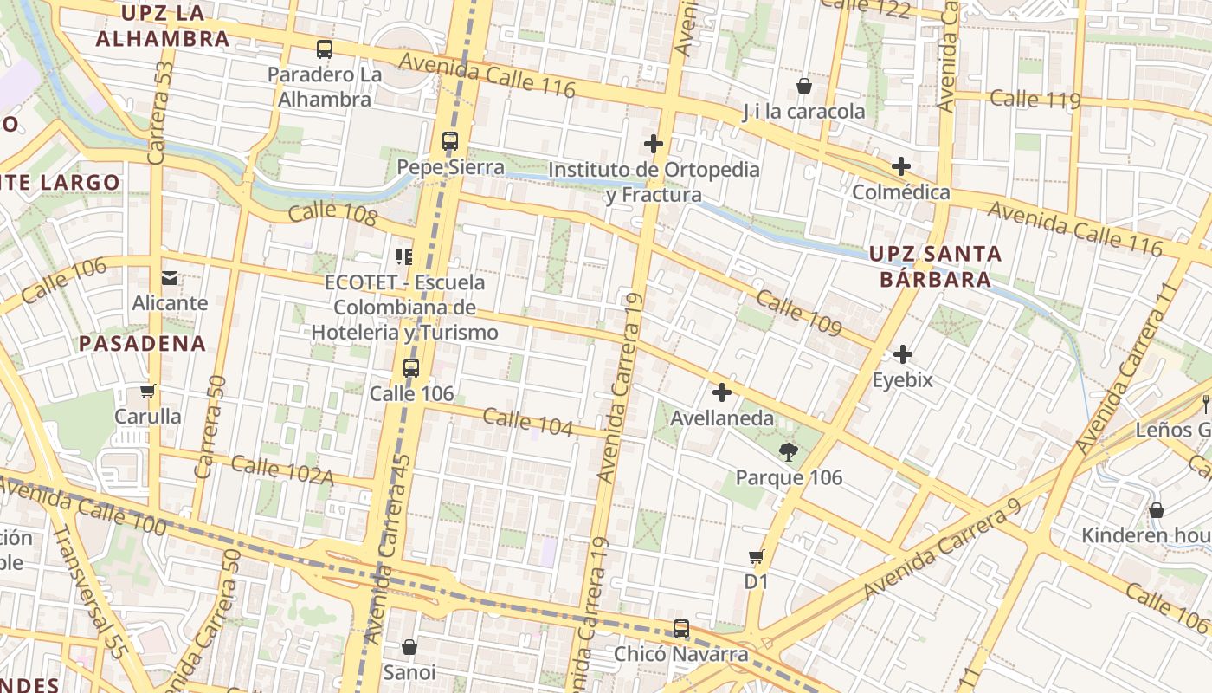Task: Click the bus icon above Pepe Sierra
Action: [x=449, y=140]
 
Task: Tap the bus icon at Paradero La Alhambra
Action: [x=325, y=49]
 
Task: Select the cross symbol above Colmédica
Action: [x=901, y=165]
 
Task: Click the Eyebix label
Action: [x=902, y=379]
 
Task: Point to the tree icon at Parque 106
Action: [x=788, y=451]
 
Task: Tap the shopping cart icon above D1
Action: [x=757, y=556]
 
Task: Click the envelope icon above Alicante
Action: [x=170, y=277]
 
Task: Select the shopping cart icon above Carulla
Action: [x=148, y=391]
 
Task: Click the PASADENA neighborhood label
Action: [x=143, y=343]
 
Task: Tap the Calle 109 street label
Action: [x=798, y=314]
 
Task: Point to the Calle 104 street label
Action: [x=528, y=422]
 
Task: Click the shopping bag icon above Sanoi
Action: [x=409, y=646]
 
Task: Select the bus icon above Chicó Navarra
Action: [x=681, y=629]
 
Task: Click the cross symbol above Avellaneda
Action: [x=721, y=392]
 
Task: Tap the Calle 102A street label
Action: [x=282, y=469]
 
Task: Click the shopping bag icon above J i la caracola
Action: [x=803, y=86]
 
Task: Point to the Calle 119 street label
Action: [x=1035, y=99]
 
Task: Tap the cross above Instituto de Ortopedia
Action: [x=654, y=144]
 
